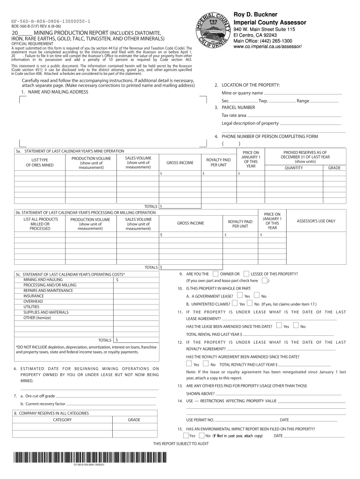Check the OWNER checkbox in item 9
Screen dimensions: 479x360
point(215,274)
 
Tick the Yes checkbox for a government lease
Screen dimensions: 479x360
point(239,296)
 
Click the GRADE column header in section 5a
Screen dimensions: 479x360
point(334,168)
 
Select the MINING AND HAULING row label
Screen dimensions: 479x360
point(43,280)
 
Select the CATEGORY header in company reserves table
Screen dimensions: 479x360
point(62,420)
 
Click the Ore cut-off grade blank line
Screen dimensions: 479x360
point(108,396)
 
